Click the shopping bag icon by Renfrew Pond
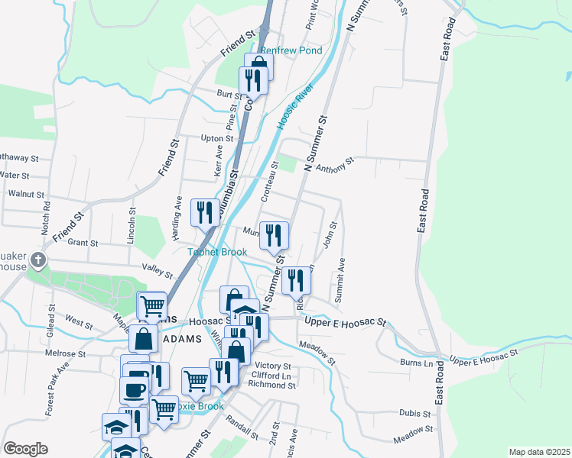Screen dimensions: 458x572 258,63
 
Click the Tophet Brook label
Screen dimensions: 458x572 219,252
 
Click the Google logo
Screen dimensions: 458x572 25,449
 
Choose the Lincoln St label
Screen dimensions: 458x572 132,221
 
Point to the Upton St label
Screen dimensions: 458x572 216,139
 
